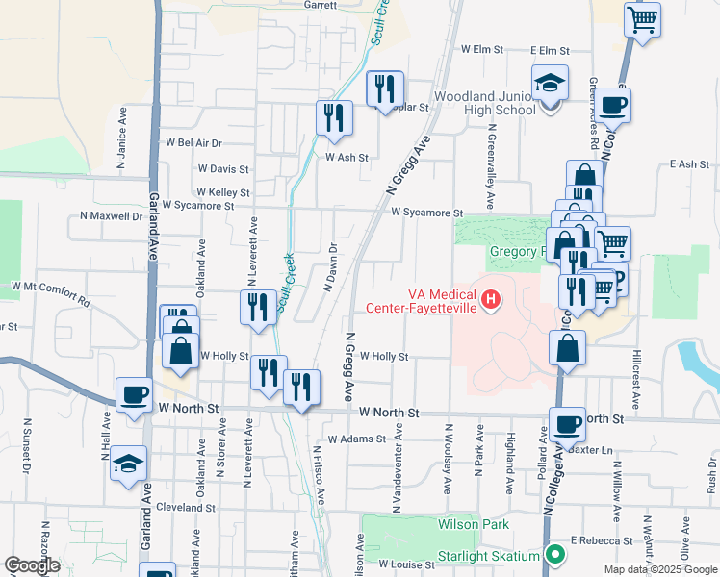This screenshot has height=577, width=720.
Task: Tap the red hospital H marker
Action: pos(492,301)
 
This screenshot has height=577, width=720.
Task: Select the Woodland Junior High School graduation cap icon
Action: pos(551,84)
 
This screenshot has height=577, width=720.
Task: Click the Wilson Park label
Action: pos(473,524)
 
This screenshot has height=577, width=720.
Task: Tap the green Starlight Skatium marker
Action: pos(555,554)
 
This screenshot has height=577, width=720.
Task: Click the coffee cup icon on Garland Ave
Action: pos(135,395)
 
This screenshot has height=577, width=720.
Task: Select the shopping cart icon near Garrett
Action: pos(642,19)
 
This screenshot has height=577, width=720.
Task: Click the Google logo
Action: pos(32,565)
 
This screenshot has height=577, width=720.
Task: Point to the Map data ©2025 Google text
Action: pos(659,569)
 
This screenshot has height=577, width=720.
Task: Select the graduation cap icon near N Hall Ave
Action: pos(128,464)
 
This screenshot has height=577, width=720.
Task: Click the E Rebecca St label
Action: pos(602,541)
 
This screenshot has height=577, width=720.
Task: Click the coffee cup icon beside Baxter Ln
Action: pos(567,424)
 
